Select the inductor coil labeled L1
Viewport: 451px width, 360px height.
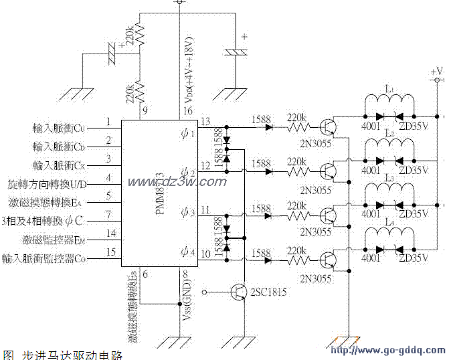tap(388, 102)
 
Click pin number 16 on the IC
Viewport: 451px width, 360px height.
tap(189, 111)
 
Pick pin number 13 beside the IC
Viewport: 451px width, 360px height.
tap(206, 121)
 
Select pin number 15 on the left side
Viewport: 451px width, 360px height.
tap(110, 252)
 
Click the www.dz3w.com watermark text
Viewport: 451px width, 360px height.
tap(163, 182)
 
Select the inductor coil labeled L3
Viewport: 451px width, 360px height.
tap(388, 192)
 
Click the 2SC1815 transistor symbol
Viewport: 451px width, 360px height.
tap(239, 292)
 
